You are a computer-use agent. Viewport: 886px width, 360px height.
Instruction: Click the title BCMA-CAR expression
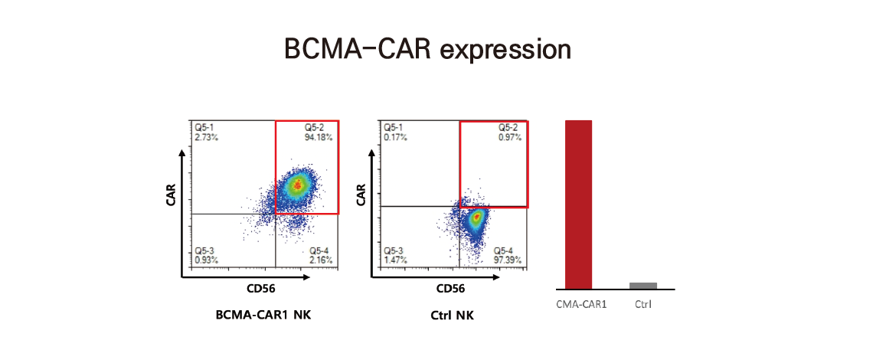(x=428, y=48)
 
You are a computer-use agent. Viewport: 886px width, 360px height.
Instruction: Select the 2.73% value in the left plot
(x=207, y=137)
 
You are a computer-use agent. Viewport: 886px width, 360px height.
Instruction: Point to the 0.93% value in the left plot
(x=207, y=260)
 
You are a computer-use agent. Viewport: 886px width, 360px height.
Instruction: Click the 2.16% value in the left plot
(x=321, y=260)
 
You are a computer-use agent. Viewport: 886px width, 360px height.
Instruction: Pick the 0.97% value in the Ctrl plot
(x=510, y=137)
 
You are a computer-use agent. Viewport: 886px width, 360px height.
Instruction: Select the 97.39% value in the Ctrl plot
(x=508, y=260)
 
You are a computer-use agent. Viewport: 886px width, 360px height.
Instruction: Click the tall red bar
(x=579, y=205)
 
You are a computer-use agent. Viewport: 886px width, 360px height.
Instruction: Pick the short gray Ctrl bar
(x=643, y=286)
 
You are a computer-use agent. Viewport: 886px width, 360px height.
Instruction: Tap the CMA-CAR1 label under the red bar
(x=581, y=305)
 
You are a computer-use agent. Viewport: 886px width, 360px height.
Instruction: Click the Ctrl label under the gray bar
(x=643, y=305)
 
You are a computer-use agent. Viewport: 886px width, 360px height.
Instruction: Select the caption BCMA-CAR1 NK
(x=263, y=316)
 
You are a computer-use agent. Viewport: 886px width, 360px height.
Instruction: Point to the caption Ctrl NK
(x=450, y=316)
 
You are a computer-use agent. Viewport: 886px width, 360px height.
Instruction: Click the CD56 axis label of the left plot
(x=260, y=290)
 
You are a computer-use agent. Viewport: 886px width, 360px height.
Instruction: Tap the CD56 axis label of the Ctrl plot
(x=450, y=290)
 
